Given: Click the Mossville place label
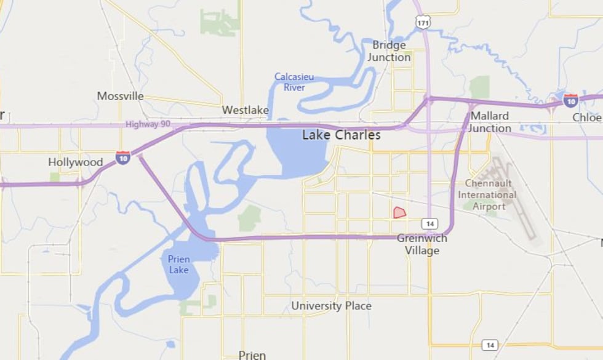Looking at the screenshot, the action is point(121,96).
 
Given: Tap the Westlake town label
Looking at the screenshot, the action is point(246,110).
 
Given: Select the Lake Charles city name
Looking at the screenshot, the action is point(341,135).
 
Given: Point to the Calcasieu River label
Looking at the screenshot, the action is point(294,82).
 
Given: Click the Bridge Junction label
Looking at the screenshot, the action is point(389,51).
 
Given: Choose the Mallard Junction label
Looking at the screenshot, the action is point(490,122).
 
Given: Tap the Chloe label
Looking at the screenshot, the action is point(586,117).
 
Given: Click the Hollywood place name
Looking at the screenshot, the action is point(76,162).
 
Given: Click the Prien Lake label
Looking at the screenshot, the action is point(179,265).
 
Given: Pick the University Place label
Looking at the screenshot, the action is point(331,306).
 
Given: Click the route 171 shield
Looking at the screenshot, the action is point(422,22).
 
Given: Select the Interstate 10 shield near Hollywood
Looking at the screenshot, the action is point(122,158).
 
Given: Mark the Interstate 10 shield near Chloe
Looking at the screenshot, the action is point(570,100).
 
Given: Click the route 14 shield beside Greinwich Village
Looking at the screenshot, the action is point(429,223).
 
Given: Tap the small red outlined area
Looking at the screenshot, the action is point(399,212).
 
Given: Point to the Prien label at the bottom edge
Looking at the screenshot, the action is point(252,355).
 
